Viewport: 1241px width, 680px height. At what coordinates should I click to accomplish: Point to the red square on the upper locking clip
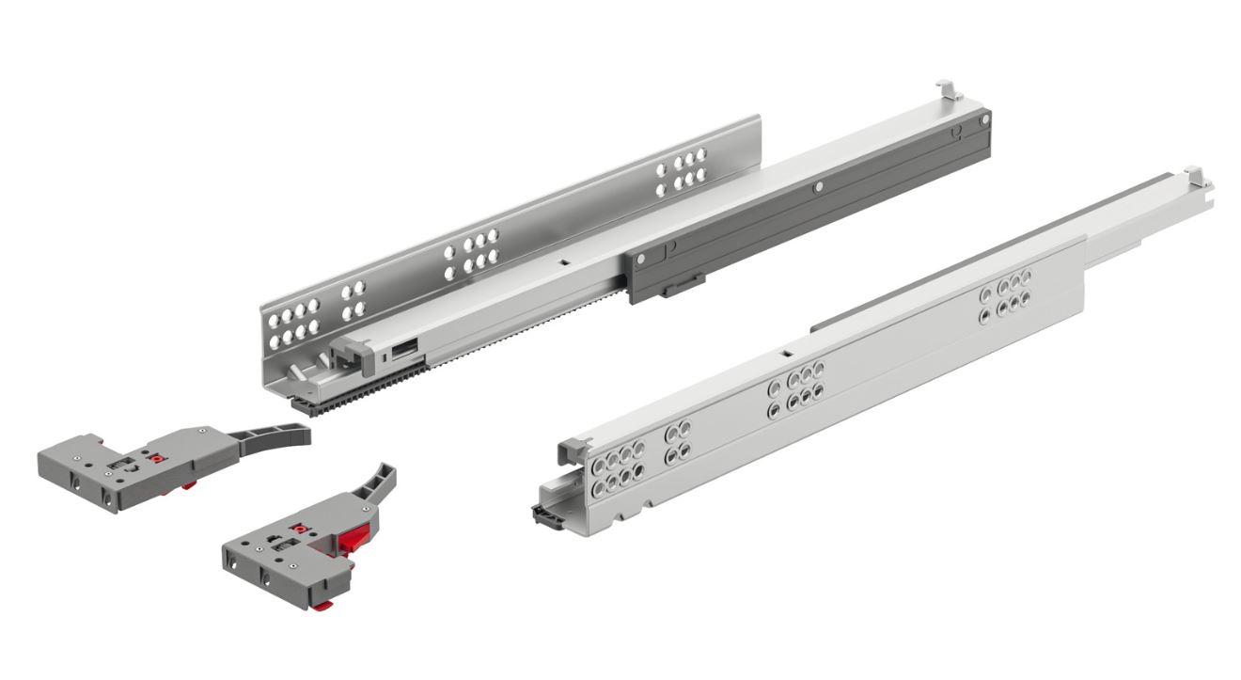tap(159, 461)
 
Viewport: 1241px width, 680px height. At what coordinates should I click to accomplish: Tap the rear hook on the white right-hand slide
tap(1194, 175)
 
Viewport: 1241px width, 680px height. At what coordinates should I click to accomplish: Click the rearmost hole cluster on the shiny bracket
tap(682, 171)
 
